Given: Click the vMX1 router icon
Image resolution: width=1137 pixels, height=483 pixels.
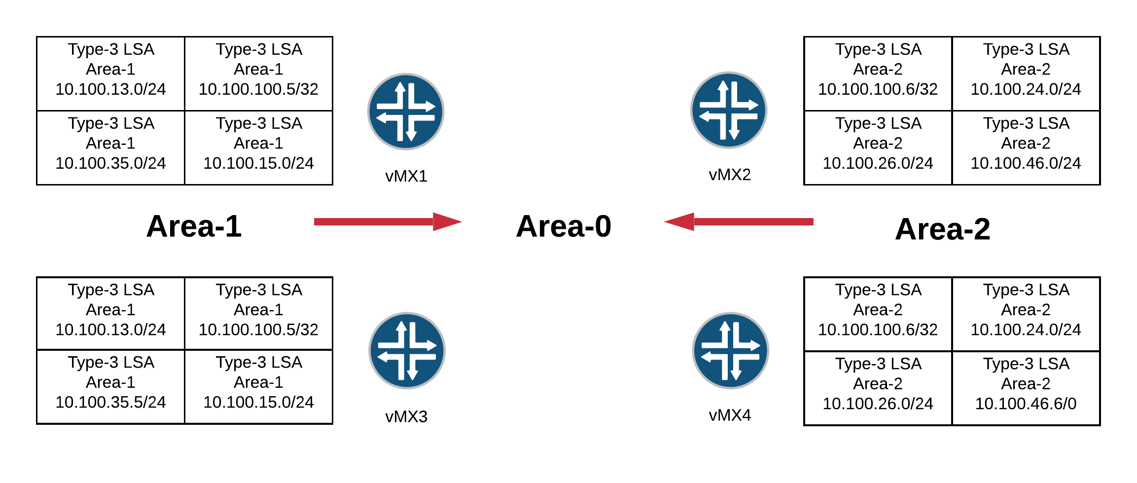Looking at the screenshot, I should pyautogui.click(x=406, y=111).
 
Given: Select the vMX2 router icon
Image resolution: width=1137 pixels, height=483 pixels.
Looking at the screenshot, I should pyautogui.click(x=728, y=110).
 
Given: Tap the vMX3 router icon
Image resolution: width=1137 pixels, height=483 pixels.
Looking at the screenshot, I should pyautogui.click(x=407, y=350).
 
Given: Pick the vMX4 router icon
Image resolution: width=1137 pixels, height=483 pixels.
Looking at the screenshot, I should pyautogui.click(x=730, y=350).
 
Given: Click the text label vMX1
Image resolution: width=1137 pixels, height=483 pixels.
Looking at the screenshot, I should pyautogui.click(x=406, y=176).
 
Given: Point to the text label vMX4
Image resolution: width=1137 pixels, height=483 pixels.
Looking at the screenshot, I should pyautogui.click(x=730, y=415).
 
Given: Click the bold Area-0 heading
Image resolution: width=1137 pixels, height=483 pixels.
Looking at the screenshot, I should pyautogui.click(x=564, y=226).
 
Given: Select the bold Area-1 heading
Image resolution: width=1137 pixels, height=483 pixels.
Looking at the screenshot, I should pyautogui.click(x=194, y=226).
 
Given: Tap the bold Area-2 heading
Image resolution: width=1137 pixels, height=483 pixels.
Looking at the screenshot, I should pyautogui.click(x=942, y=229).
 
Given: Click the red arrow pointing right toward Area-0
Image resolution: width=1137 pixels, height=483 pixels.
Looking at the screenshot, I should pyautogui.click(x=387, y=222).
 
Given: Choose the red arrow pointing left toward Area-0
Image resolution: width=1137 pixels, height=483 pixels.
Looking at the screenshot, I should pyautogui.click(x=739, y=222).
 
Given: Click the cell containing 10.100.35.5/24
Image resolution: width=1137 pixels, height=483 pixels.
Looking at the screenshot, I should pyautogui.click(x=111, y=387).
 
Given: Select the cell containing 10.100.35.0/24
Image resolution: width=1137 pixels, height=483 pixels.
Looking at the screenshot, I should pyautogui.click(x=111, y=148).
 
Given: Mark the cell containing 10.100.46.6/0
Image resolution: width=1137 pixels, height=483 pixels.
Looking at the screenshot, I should pyautogui.click(x=1026, y=388).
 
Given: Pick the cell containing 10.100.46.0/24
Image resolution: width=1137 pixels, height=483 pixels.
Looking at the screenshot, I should pyautogui.click(x=1026, y=148).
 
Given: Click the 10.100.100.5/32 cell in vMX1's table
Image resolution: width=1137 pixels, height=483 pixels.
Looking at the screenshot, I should pyautogui.click(x=259, y=74).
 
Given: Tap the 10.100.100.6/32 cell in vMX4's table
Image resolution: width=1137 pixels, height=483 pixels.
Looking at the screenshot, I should pyautogui.click(x=878, y=314).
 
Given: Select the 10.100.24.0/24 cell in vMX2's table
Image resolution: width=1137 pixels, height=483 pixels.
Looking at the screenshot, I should pyautogui.click(x=1026, y=74).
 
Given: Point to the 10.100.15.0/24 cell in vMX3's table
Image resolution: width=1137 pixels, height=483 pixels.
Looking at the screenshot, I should pyautogui.click(x=259, y=387).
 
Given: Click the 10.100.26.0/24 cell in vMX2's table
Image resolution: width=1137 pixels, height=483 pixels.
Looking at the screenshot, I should pyautogui.click(x=878, y=148).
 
